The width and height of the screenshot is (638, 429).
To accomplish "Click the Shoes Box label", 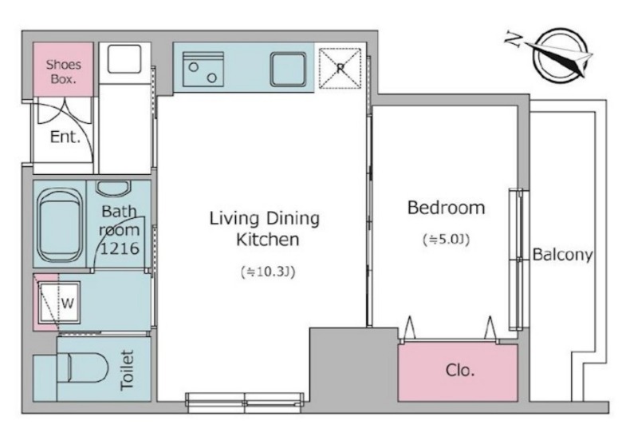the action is coord(64,71).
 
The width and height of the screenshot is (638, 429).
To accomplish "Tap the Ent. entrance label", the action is coord(65,137).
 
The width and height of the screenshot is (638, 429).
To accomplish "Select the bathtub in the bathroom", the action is coord(60,225).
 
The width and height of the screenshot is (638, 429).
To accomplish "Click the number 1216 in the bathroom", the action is coord(120,248).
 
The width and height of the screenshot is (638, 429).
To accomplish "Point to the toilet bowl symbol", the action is coord(84,367).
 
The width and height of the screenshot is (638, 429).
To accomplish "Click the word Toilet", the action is coord(127,371).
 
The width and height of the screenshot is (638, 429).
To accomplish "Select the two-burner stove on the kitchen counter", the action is coord(203,69).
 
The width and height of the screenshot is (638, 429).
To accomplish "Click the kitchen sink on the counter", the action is coord(289,70).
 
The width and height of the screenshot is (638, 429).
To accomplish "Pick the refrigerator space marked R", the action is coord(341,68).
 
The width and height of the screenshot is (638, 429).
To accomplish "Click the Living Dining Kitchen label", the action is coord(265,228).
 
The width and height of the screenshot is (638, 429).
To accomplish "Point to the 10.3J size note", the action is coord(268,272).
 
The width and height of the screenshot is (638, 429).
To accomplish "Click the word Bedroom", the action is coord(447,208).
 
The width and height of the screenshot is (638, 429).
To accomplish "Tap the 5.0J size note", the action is coord(447,239).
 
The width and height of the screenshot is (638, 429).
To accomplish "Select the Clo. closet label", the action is coord(460,371).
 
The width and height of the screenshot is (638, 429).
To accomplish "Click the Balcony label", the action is coord(562,255).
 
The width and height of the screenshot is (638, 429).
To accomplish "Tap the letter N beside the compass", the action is coord(514,39).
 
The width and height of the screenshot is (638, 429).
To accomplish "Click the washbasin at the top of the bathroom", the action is coord(113,188).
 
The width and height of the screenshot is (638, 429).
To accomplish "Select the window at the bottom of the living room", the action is coord(245,399).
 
